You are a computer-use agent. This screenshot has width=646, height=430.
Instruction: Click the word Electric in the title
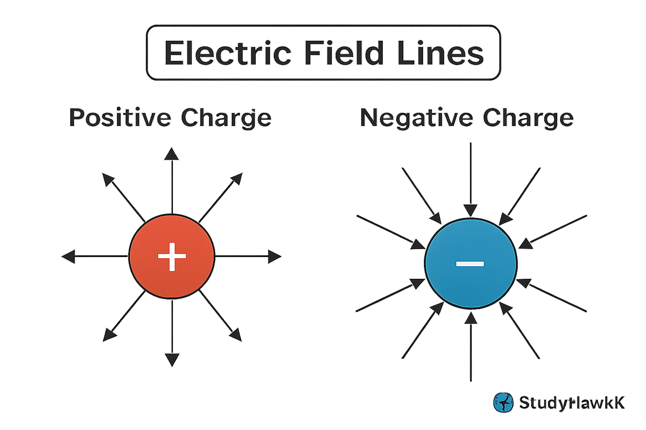coord(228,53)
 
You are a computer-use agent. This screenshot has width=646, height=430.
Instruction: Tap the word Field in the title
coord(344,53)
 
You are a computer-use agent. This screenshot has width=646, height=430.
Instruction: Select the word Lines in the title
coord(440,53)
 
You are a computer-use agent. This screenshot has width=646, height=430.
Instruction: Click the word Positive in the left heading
coord(120,118)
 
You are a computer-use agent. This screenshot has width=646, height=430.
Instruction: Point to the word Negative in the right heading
coord(416,118)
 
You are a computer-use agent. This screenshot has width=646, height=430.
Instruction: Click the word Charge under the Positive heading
coord(226,118)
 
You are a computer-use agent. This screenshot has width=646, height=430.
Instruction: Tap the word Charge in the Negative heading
coord(528,118)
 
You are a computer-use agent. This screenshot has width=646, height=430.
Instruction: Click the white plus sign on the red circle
coord(172,256)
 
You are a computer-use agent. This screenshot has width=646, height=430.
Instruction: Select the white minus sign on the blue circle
coord(470,264)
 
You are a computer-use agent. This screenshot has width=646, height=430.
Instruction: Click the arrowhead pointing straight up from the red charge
coord(172,154)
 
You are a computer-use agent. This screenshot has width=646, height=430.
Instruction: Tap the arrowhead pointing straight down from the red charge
coord(172,359)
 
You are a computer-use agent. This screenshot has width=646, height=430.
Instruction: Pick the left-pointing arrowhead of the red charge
coord(69,256)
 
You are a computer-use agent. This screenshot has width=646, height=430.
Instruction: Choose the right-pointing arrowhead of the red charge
coord(274,256)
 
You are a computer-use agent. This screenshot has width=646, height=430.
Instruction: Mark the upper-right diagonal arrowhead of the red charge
coord(236,178)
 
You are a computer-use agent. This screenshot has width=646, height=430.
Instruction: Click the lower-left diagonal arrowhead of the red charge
coord(109,335)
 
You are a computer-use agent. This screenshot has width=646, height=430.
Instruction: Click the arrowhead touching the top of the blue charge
coord(470,210)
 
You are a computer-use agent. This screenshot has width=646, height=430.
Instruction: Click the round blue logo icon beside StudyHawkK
coord(503,402)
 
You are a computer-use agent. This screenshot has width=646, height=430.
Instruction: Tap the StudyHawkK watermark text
coord(572,403)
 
